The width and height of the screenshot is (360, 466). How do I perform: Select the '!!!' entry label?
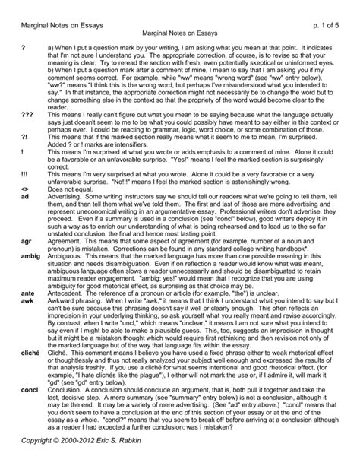pos(26,173)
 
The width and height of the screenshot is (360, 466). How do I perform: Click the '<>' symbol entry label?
pos(25,188)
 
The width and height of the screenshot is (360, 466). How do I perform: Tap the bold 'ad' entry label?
pos(26,195)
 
